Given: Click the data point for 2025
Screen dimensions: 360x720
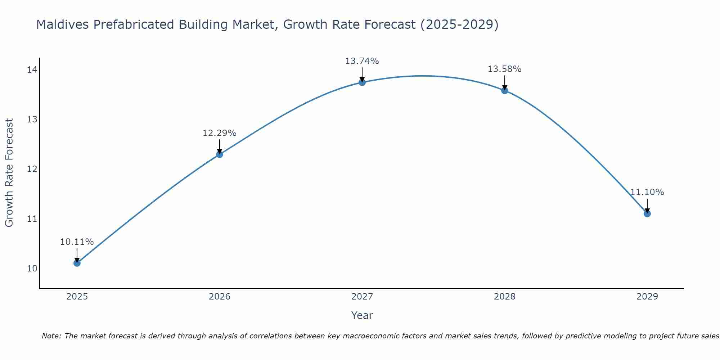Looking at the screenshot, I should pos(77,263).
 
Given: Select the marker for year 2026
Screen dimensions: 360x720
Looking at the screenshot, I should pos(219,154).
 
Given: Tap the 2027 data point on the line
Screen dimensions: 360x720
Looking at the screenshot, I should pos(362,82).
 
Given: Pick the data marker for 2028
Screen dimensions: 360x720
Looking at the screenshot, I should pos(504,90).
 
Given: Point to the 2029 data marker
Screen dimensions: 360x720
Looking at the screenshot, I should pos(647,213).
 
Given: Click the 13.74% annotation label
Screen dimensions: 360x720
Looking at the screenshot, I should pos(362,61).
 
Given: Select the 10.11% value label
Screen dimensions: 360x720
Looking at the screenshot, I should pos(77,242).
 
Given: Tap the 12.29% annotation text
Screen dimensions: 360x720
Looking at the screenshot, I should pos(219,133).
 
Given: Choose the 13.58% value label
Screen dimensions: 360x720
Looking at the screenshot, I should pos(504,69).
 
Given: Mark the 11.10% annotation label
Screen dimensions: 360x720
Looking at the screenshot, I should pos(647,192).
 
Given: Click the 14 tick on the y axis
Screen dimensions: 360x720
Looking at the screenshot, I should pos(32,70).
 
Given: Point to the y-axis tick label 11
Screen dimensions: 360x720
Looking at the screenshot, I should pos(32,219).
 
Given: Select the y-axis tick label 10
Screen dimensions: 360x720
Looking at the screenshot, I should pos(32,269).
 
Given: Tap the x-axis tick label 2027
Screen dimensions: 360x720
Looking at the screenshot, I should pos(362,297).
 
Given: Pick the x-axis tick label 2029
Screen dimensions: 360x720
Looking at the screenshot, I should pos(647,297).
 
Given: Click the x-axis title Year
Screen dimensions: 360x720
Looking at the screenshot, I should pos(362,315).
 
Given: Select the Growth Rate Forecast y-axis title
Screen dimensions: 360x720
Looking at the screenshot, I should pos(9,173).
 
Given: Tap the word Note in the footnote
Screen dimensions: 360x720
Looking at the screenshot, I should pos(51,336).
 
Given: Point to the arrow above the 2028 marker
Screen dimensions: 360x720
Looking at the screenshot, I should pos(504,82).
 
